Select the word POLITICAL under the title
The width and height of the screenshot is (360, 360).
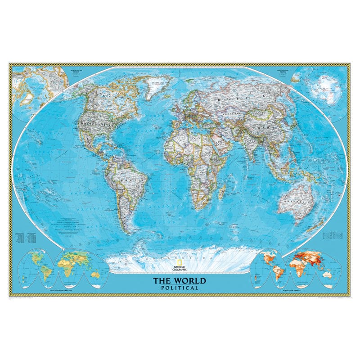tap(180, 288)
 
